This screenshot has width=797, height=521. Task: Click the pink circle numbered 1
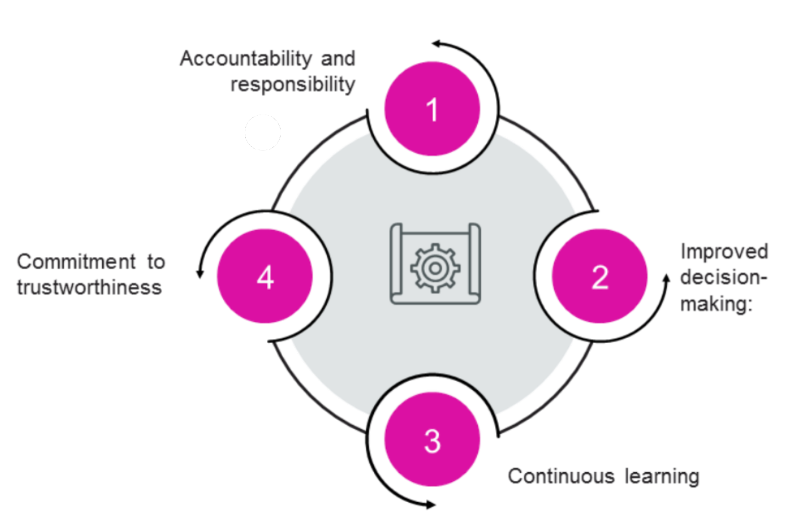[432, 109]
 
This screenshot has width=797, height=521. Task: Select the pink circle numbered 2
[599, 276]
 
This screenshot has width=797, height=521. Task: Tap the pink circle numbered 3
[432, 439]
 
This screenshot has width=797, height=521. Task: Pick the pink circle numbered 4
[265, 276]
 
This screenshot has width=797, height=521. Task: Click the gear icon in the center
[435, 268]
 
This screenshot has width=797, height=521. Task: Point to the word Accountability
[246, 59]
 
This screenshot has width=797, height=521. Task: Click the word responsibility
[293, 85]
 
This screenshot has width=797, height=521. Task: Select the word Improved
[724, 252]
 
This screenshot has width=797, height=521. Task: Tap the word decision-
[724, 278]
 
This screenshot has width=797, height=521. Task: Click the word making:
[717, 304]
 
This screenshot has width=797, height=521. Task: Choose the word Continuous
[561, 476]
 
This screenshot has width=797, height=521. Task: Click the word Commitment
[77, 262]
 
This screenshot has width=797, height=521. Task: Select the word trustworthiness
[89, 287]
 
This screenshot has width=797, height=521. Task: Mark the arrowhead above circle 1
[437, 43]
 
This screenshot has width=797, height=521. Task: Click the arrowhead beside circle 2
[666, 279]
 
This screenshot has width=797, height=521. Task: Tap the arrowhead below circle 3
[431, 504]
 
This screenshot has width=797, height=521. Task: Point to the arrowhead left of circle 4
[200, 273]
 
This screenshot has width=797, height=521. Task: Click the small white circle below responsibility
[262, 132]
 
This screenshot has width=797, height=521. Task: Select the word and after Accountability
[338, 59]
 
